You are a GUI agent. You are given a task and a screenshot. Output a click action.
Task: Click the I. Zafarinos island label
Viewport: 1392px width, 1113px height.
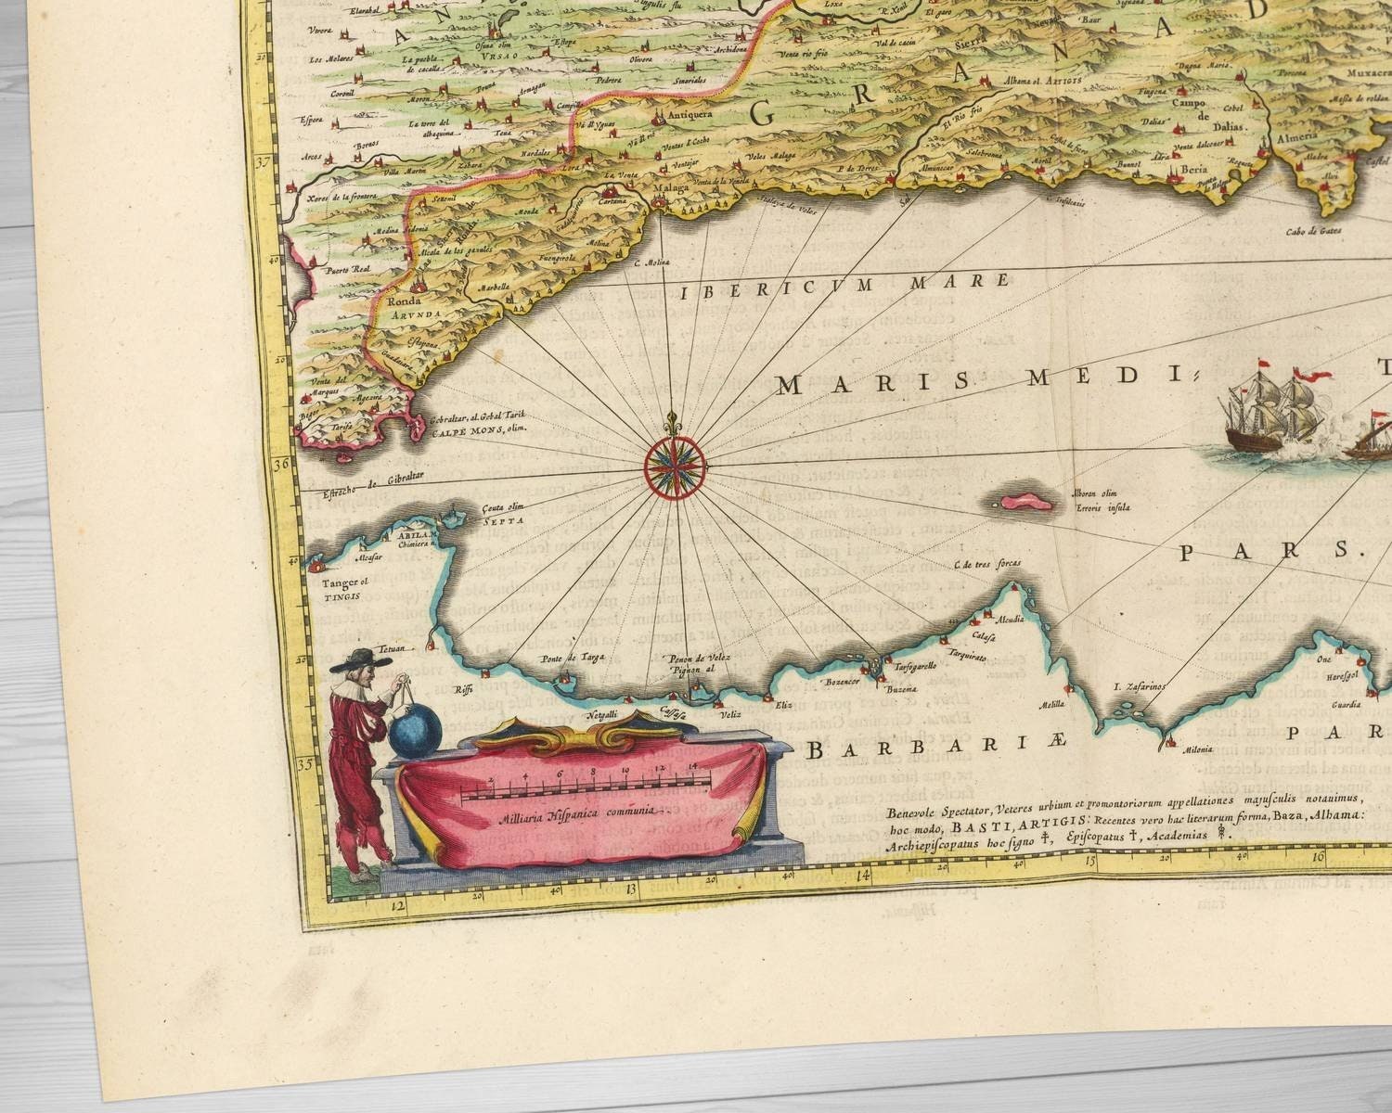click(1138, 687)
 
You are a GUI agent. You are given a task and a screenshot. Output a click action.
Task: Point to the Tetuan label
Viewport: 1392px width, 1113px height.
click(392, 651)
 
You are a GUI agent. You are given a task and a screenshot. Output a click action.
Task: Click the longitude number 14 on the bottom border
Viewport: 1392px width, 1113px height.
click(863, 875)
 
